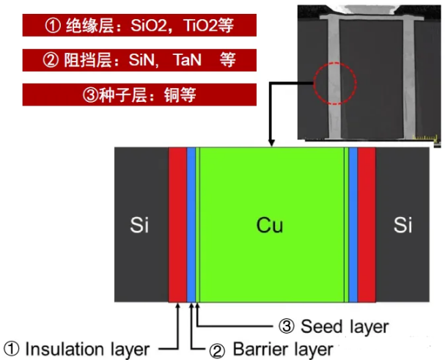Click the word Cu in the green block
270,225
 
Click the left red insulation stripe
177,224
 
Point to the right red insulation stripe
366,224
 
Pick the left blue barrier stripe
191,224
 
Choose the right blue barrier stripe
353,224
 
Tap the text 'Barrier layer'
282,348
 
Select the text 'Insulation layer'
87,348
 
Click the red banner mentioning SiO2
139,26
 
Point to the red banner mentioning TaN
139,60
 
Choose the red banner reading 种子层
139,95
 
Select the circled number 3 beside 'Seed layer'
288,326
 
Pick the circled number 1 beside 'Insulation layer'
12,348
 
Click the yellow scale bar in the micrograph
424,136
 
